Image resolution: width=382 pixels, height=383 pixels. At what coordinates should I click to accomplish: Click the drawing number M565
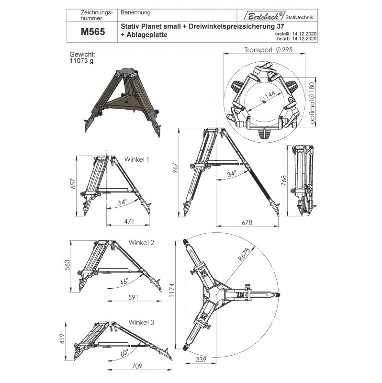point(93,32)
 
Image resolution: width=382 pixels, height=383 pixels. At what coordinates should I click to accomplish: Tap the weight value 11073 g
point(81,61)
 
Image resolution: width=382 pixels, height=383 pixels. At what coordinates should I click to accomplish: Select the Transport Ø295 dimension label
point(269,50)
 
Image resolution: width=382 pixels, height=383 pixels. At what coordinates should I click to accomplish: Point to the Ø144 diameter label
point(268,96)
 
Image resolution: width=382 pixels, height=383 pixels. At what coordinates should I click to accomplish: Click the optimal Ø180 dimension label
point(312,102)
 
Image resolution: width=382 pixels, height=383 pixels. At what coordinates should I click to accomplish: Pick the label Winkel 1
point(136,159)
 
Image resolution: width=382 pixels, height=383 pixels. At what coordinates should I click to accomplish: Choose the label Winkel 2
point(141,243)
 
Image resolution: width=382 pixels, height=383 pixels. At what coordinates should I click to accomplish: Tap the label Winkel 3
point(141,322)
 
